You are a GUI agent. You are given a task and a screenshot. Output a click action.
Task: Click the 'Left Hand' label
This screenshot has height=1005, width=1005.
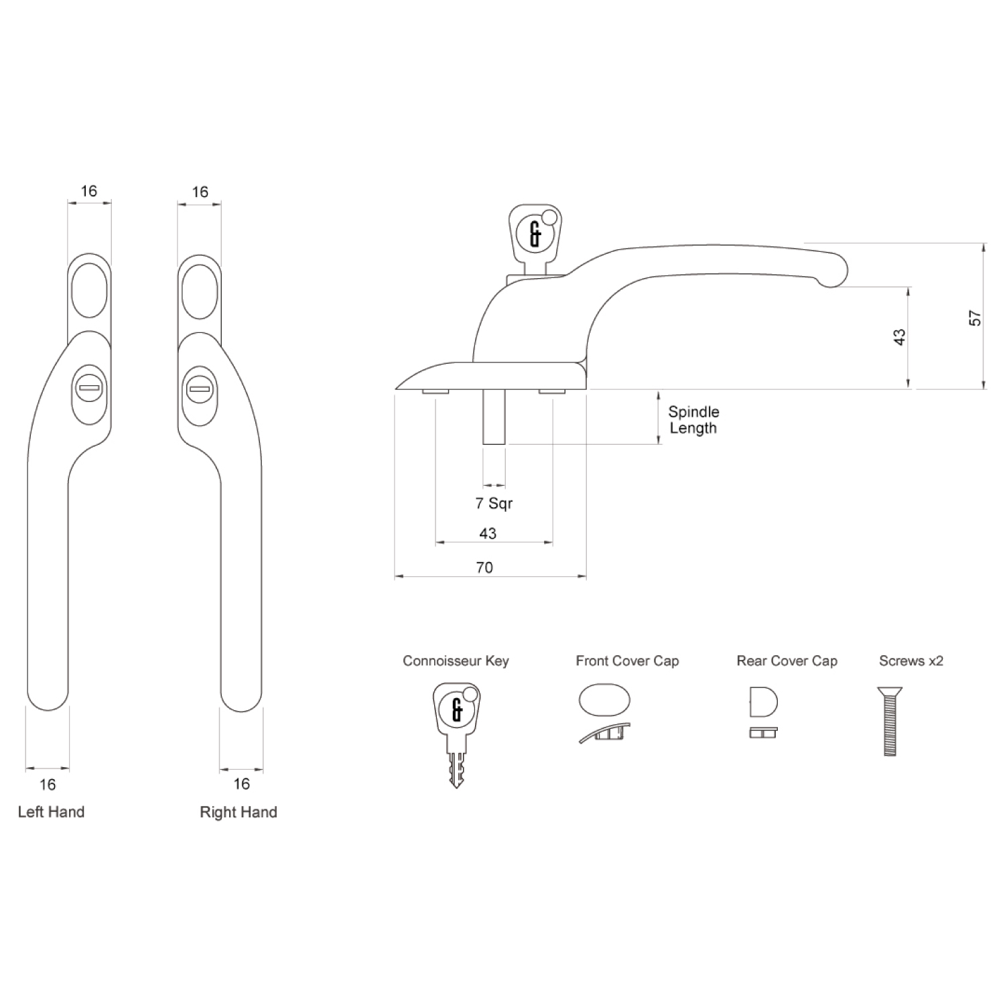point(51,812)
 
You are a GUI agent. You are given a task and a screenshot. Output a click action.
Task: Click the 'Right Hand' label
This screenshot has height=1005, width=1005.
point(238,812)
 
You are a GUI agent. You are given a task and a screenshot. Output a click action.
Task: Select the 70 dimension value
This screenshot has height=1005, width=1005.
point(484,567)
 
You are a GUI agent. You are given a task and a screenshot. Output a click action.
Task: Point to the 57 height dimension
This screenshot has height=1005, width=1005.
point(976,318)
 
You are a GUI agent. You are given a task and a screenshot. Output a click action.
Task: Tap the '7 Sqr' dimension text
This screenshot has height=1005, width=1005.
point(494,503)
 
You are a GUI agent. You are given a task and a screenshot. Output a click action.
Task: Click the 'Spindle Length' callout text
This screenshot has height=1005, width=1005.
point(693,420)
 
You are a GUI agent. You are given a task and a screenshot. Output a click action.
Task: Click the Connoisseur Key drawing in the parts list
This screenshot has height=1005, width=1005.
point(457,730)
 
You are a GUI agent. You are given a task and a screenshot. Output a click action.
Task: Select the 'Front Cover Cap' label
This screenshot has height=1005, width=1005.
point(627,661)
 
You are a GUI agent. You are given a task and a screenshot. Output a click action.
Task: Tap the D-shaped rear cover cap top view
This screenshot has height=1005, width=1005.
point(763,701)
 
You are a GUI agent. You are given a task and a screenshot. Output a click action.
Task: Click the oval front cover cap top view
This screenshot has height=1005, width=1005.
point(604,701)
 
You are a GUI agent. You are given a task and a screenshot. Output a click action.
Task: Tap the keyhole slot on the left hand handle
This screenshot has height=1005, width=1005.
point(88,388)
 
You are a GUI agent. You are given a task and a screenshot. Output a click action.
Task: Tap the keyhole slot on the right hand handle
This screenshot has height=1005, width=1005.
point(200,388)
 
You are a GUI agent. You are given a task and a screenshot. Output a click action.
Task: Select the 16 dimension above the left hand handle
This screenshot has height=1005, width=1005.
point(88,191)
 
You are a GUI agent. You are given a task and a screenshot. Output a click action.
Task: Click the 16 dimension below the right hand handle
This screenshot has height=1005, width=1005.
point(241,783)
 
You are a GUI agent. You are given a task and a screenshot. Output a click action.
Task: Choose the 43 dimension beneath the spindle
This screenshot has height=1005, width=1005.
point(488,533)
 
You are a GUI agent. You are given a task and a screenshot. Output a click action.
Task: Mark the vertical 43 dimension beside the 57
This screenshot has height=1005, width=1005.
point(900,336)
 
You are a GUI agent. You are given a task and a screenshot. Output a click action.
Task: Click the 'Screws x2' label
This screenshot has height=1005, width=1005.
point(911,661)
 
